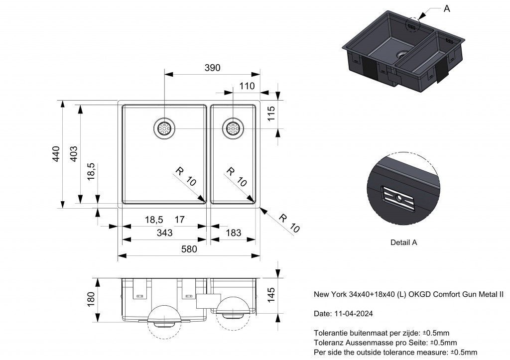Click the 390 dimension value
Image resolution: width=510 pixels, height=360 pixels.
point(212,68)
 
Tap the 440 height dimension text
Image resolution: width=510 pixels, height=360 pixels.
point(56,154)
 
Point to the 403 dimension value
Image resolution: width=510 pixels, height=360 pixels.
point(73,154)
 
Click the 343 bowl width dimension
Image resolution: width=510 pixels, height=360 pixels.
point(164,233)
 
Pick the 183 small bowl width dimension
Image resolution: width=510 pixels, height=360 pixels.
point(233,233)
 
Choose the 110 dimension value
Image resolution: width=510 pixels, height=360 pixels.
point(247,86)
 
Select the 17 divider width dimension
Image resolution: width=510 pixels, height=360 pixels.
point(180,219)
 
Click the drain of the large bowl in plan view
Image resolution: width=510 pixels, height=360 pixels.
point(164,128)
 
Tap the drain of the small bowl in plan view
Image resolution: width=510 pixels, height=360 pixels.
point(232,128)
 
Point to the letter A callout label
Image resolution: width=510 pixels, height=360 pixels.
point(447,8)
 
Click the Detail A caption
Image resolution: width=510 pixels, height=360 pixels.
point(403,242)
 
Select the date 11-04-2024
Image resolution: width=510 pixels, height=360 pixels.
point(352,314)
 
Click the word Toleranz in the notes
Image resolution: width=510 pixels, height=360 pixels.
point(328,343)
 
